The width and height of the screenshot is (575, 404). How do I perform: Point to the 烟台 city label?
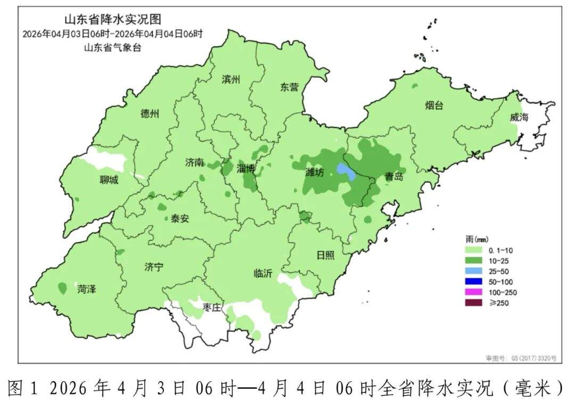[434, 105]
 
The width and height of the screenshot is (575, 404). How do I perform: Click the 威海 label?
[519, 118]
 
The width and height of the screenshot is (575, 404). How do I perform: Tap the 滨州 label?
[231, 80]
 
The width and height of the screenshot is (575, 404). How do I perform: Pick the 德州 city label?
[150, 113]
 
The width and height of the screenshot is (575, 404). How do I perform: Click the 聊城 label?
[109, 180]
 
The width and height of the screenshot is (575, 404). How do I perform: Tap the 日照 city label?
[325, 255]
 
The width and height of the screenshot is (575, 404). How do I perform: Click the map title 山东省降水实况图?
[112, 20]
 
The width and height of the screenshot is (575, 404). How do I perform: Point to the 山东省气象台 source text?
[112, 47]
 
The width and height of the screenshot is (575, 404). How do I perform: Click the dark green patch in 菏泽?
[62, 288]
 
